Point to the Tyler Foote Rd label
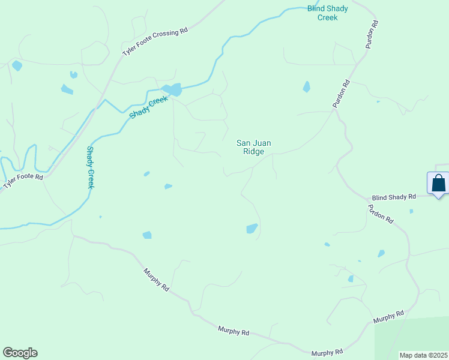(x=23, y=181)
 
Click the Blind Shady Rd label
(x=394, y=197)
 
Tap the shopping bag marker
(x=439, y=183)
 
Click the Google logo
(x=20, y=353)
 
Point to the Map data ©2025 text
(x=423, y=355)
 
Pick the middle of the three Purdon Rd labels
(x=342, y=95)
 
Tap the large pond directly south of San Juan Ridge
(x=252, y=229)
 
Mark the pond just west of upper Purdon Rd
(x=307, y=86)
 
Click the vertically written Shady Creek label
(x=91, y=167)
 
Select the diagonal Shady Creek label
(x=148, y=107)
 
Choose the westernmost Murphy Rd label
(x=156, y=280)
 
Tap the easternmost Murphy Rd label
(x=388, y=316)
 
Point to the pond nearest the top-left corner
(x=17, y=65)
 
